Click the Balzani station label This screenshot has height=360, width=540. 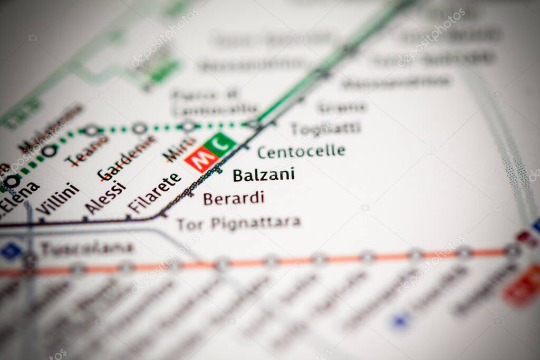(x=264, y=175)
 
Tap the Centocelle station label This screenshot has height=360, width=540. (x=301, y=152)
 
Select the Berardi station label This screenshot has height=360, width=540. (x=233, y=199)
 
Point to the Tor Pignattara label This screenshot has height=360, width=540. (x=238, y=223)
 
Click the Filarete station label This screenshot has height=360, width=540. (x=155, y=193)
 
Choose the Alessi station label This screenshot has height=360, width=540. (x=105, y=198)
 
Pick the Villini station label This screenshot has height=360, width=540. (x=57, y=199)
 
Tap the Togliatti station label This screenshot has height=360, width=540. (x=326, y=128)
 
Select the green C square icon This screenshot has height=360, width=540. (x=220, y=143)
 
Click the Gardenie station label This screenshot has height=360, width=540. (x=127, y=158)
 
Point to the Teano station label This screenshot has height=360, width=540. (x=86, y=151)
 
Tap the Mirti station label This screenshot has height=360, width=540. (x=179, y=149)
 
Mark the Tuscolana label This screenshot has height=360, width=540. (x=87, y=248)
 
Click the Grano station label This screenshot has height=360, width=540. (x=342, y=107)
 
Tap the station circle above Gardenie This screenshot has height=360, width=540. (x=139, y=128)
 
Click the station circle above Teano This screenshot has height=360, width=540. (x=91, y=130)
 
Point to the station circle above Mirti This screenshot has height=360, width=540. (x=188, y=127)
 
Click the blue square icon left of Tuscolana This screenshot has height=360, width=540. (x=11, y=251)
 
